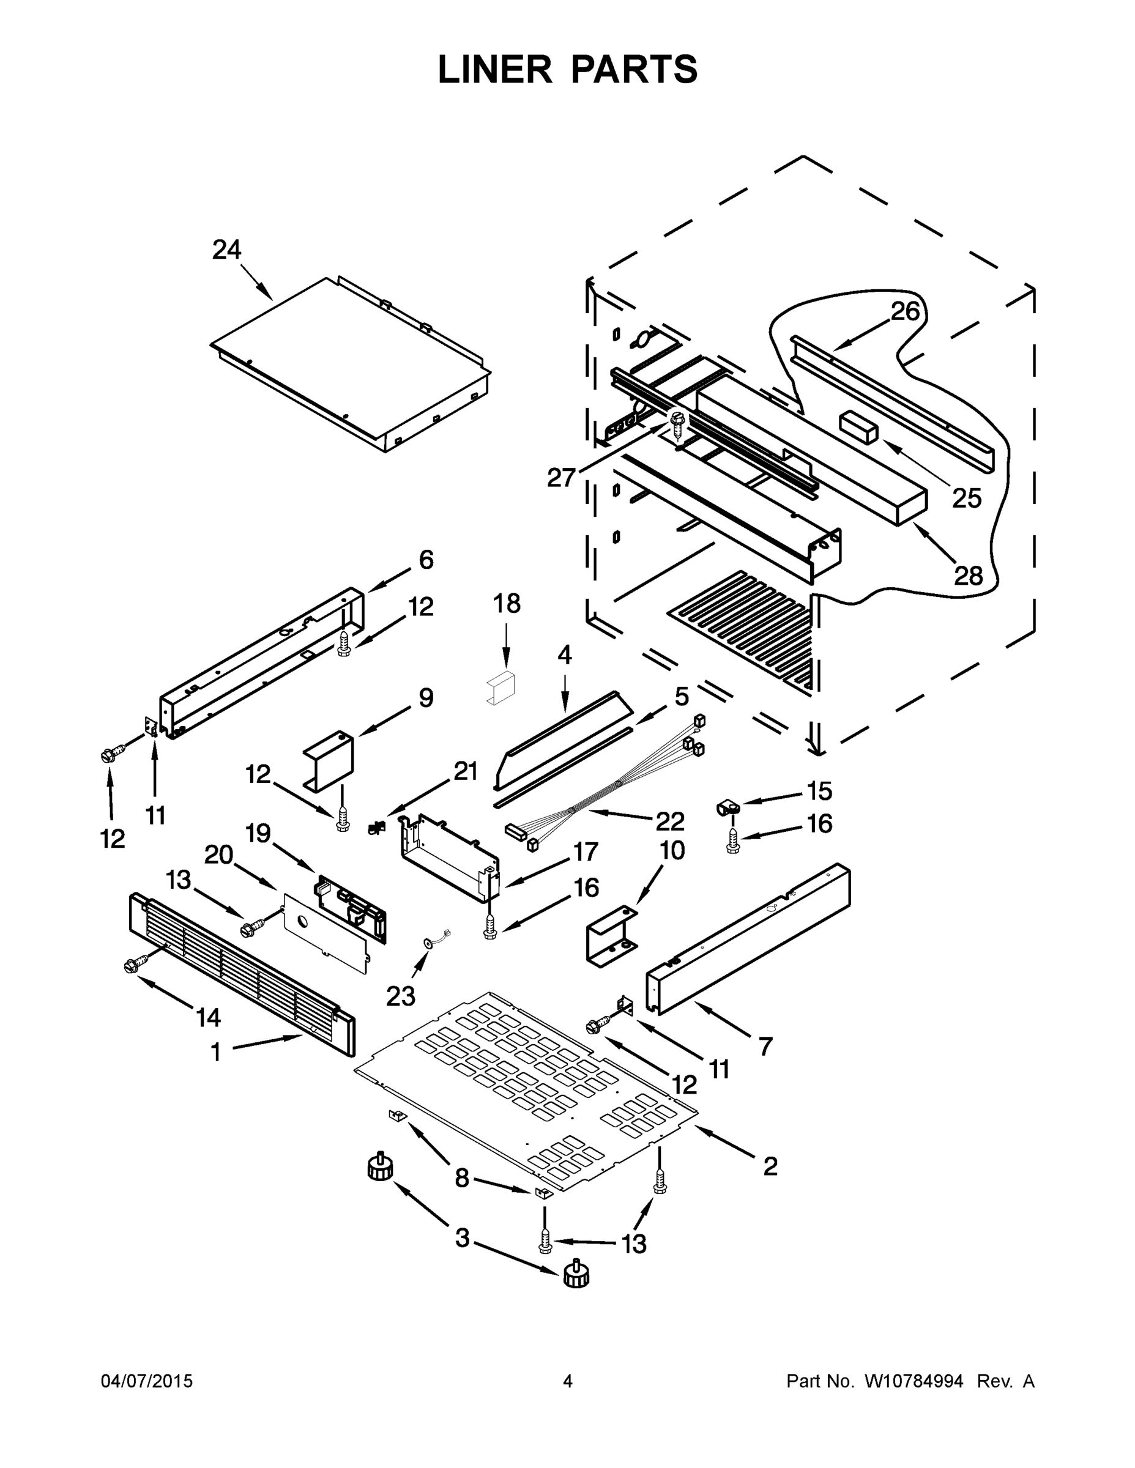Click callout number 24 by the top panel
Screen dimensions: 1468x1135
click(226, 250)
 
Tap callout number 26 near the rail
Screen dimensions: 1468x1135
click(905, 311)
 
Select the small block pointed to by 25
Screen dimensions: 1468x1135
click(858, 427)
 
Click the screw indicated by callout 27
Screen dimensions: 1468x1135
click(677, 422)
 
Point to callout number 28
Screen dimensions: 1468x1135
click(968, 576)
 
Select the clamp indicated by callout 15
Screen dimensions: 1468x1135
click(727, 807)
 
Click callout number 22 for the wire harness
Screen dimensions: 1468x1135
click(670, 821)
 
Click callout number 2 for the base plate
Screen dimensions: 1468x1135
click(770, 1166)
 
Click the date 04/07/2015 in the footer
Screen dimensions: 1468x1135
click(147, 1381)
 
